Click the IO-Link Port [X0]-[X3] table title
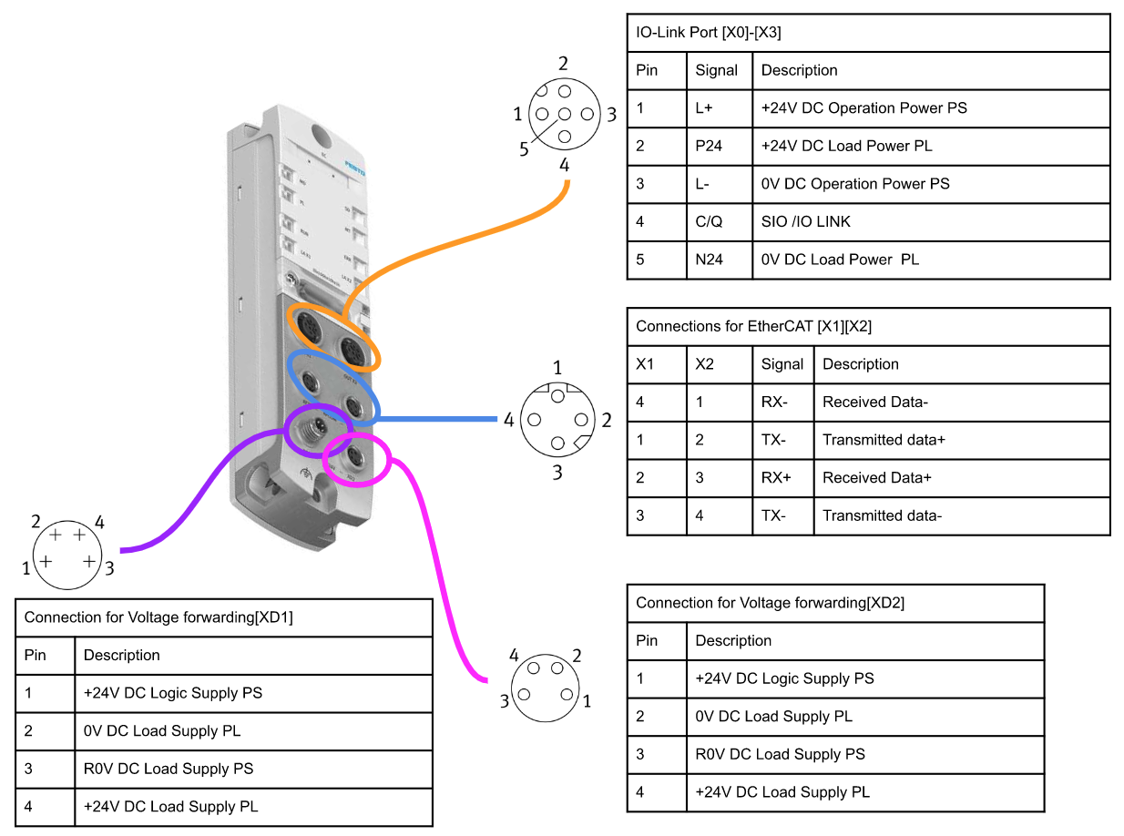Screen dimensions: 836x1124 pyautogui.click(x=708, y=33)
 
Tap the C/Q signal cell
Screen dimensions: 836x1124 pyautogui.click(x=709, y=221)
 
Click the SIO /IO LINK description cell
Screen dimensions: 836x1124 pyautogui.click(x=805, y=221)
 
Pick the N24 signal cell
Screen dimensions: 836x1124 pyautogui.click(x=709, y=260)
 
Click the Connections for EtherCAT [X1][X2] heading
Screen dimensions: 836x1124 pyautogui.click(x=754, y=326)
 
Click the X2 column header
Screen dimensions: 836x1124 pyautogui.click(x=705, y=364)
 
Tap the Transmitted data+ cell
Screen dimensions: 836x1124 pyautogui.click(x=884, y=440)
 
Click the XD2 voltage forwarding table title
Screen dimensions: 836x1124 pyautogui.click(x=770, y=603)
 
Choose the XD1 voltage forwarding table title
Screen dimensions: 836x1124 pyautogui.click(x=158, y=617)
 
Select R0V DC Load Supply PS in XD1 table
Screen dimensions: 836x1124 pyautogui.click(x=168, y=769)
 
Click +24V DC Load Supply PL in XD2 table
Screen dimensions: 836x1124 pyautogui.click(x=782, y=792)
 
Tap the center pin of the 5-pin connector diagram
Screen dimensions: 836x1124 pyautogui.click(x=565, y=115)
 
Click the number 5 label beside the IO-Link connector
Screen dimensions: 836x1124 pyautogui.click(x=524, y=149)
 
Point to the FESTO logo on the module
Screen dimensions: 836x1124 pyautogui.click(x=354, y=170)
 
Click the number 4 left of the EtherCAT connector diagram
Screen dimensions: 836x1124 pyautogui.click(x=508, y=420)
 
